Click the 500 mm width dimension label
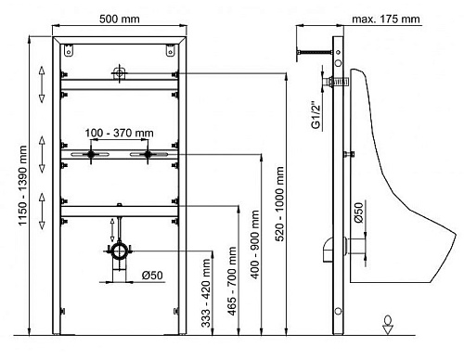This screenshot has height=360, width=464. [119, 19]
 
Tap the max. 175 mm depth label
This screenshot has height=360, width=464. [386, 19]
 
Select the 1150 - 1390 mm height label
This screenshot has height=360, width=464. [22, 186]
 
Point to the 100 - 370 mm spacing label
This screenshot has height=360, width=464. [119, 133]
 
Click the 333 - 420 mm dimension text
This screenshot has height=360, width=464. [206, 293]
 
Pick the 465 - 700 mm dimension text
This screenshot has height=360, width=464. [232, 281]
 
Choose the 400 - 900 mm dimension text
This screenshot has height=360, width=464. [255, 245]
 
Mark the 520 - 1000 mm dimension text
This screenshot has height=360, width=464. [279, 204]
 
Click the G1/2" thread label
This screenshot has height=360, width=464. [316, 115]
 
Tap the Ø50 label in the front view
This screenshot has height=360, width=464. [152, 276]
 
